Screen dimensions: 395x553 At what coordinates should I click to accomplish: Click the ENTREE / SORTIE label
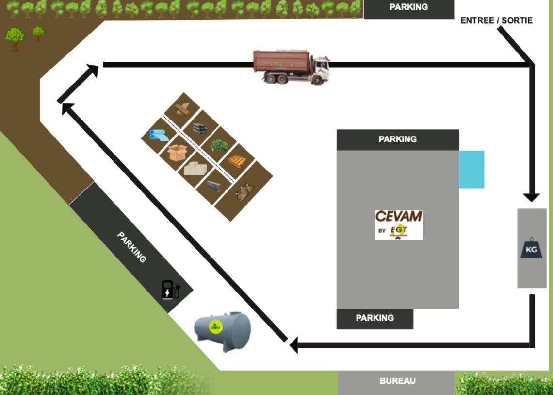496,20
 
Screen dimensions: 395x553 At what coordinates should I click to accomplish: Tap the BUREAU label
397,381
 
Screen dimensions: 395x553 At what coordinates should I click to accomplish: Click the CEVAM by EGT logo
399,224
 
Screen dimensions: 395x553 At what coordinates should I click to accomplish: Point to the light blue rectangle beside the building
472,169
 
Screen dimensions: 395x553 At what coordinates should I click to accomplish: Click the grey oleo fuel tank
223,331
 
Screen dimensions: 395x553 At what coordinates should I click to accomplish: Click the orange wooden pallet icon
237,161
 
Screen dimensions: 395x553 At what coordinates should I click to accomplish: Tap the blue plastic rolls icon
159,136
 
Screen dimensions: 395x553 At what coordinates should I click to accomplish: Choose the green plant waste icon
220,145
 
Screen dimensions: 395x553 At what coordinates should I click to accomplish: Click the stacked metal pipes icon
200,128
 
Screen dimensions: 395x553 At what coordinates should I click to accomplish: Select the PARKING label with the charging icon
131,247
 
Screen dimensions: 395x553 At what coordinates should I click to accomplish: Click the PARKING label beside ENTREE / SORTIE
408,7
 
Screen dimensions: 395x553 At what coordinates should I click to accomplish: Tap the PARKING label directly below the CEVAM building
374,318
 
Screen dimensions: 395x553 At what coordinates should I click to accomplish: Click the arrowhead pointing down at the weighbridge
531,197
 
